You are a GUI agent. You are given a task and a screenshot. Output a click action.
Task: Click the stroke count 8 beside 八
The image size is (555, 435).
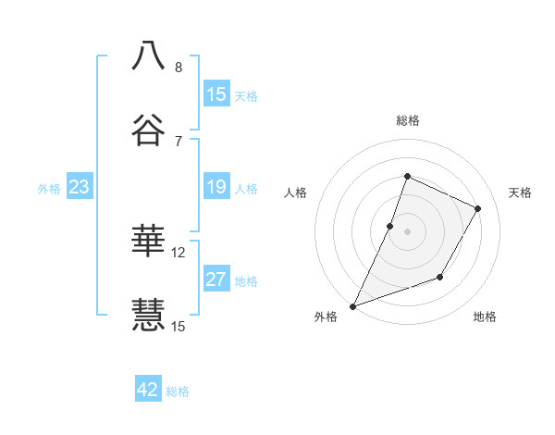[x=179, y=68]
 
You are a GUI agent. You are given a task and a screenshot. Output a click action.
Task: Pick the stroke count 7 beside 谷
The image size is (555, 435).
[x=179, y=141]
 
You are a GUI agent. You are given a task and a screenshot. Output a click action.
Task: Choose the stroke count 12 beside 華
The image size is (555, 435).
[x=179, y=252]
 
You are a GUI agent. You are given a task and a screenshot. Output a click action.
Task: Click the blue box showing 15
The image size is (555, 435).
[x=216, y=94]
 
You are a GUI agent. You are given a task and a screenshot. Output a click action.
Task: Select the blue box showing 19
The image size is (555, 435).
[x=216, y=187]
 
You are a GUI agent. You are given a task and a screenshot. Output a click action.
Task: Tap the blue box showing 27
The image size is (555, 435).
[x=216, y=280]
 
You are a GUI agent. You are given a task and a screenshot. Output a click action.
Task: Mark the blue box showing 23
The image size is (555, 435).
[x=79, y=187]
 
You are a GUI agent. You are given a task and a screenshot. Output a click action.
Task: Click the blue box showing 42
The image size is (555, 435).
[x=147, y=390]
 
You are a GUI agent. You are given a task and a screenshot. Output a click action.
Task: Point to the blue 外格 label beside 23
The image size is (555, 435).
[x=49, y=188]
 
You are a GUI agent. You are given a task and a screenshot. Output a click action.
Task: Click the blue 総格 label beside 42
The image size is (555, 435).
[x=179, y=391]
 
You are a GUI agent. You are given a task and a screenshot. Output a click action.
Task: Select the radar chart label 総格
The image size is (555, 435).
[x=407, y=120]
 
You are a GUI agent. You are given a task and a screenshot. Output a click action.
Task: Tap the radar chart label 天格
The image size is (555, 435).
[x=520, y=193]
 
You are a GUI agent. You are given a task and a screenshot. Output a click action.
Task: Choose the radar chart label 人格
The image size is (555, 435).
[x=295, y=193]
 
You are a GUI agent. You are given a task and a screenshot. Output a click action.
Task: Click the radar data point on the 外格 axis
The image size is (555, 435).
[x=352, y=305]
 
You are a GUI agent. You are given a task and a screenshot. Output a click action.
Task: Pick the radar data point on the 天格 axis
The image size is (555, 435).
[x=478, y=208]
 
